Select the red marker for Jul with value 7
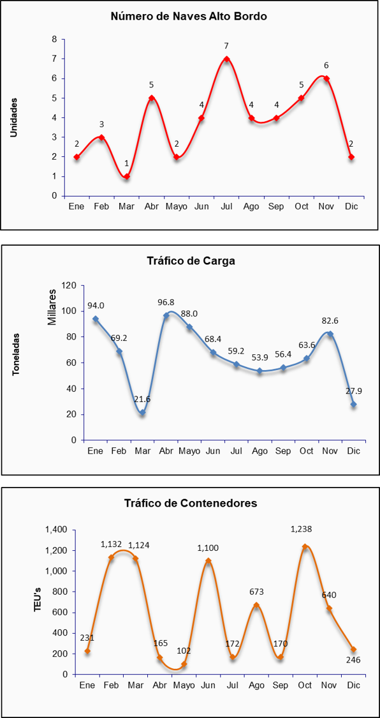(x=226, y=59)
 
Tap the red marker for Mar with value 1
(x=127, y=176)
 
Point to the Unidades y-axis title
(x=14, y=117)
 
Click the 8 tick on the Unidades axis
(x=54, y=40)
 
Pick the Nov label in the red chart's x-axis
(x=326, y=207)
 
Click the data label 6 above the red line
(x=326, y=65)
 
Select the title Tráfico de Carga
(x=191, y=261)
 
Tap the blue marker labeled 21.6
(x=143, y=412)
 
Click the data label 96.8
(x=166, y=303)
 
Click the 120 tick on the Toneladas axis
(x=71, y=285)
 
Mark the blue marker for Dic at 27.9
(x=353, y=405)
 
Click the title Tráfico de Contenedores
(x=191, y=504)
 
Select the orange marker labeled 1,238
(x=305, y=547)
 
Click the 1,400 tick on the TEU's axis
(x=56, y=530)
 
